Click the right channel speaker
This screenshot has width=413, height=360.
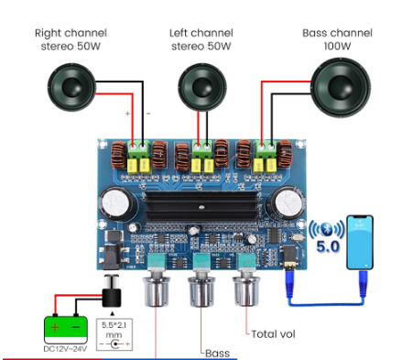click(x=71, y=87)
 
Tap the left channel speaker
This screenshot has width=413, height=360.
click(x=202, y=87)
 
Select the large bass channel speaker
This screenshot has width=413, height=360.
click(x=341, y=87)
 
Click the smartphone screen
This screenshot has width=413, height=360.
click(x=360, y=242)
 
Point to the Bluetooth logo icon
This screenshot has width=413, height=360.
click(x=327, y=228)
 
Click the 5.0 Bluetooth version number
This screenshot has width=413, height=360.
click(x=328, y=246)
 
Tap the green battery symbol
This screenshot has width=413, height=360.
click(x=66, y=330)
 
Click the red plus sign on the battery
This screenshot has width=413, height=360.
click(x=55, y=327)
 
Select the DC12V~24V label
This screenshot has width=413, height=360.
click(x=65, y=349)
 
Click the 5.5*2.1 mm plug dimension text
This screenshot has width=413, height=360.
click(x=114, y=330)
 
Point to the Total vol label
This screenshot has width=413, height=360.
click(x=273, y=334)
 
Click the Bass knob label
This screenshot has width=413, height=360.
click(x=217, y=354)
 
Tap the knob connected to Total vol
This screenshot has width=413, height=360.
click(x=246, y=290)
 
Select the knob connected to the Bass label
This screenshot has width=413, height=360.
click(x=201, y=290)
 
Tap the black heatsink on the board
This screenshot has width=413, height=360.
click(x=201, y=206)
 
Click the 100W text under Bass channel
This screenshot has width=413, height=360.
click(x=337, y=46)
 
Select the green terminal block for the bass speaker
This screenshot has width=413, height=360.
click(x=266, y=147)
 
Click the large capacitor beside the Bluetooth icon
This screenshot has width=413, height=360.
click(x=288, y=202)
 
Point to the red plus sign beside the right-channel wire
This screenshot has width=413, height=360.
click(x=127, y=114)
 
